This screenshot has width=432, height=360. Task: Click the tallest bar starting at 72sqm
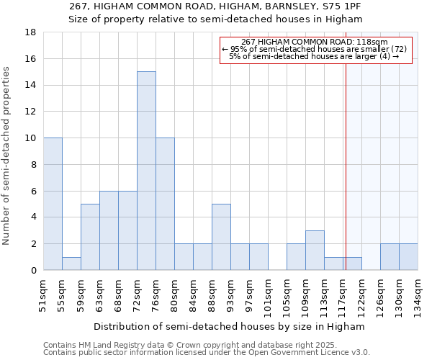(146, 171)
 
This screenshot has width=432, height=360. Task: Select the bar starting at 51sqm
(53, 204)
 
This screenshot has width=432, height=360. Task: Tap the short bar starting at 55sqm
(71, 264)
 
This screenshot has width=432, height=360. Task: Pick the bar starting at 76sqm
(165, 204)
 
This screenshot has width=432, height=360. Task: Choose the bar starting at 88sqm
(221, 237)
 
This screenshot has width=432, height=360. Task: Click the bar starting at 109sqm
(315, 250)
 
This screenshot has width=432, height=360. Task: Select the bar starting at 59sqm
(90, 237)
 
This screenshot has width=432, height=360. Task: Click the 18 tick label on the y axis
(30, 32)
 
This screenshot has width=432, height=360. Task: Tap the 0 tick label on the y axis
(33, 270)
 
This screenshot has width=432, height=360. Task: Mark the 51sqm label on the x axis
(44, 296)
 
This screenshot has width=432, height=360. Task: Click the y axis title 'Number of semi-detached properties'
(6, 155)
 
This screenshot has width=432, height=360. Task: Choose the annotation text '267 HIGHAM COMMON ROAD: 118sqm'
(315, 42)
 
